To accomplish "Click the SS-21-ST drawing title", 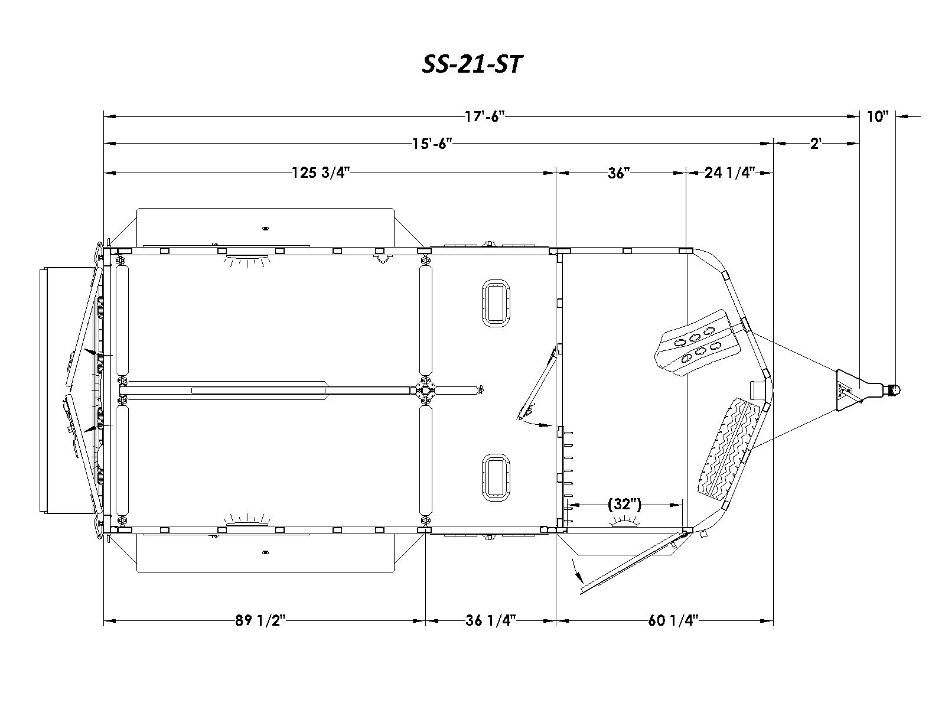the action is [x=472, y=64].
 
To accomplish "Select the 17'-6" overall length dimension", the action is [x=484, y=116].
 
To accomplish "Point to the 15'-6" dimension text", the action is [x=432, y=144].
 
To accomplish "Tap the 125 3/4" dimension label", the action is [x=321, y=173].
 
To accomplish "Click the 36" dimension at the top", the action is [x=618, y=173].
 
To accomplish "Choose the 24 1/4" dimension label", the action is [x=730, y=173].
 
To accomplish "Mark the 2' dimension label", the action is [x=816, y=144].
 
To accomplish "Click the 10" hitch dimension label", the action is [x=878, y=116].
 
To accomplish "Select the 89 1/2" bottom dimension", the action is [x=260, y=621].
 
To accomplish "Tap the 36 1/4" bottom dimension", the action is [x=491, y=621].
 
